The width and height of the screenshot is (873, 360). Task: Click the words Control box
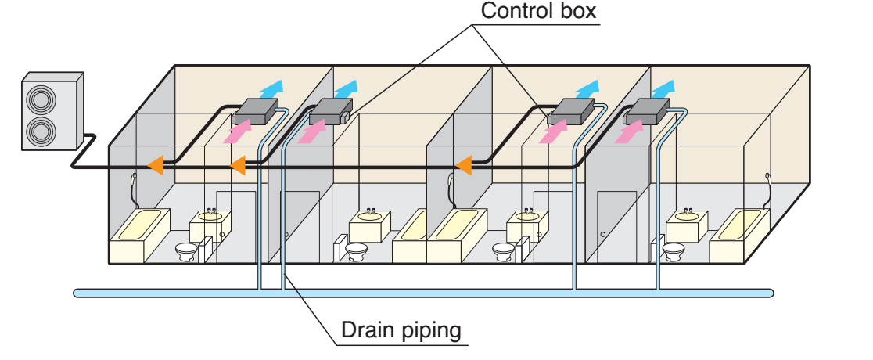click(539, 12)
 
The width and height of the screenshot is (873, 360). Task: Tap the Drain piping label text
click(401, 330)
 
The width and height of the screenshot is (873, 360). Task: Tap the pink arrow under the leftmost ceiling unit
click(238, 131)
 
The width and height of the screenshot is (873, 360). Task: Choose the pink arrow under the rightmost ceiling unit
click(628, 131)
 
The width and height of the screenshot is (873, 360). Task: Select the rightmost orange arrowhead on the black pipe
click(463, 164)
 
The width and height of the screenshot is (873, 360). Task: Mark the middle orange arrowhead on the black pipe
click(237, 164)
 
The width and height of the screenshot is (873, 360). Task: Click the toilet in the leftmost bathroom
click(186, 251)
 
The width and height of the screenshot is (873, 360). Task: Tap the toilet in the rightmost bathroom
click(673, 251)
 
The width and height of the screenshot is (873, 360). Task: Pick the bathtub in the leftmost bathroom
click(141, 232)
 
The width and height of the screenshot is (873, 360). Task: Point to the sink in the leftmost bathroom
click(208, 221)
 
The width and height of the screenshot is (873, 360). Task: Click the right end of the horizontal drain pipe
click(770, 293)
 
